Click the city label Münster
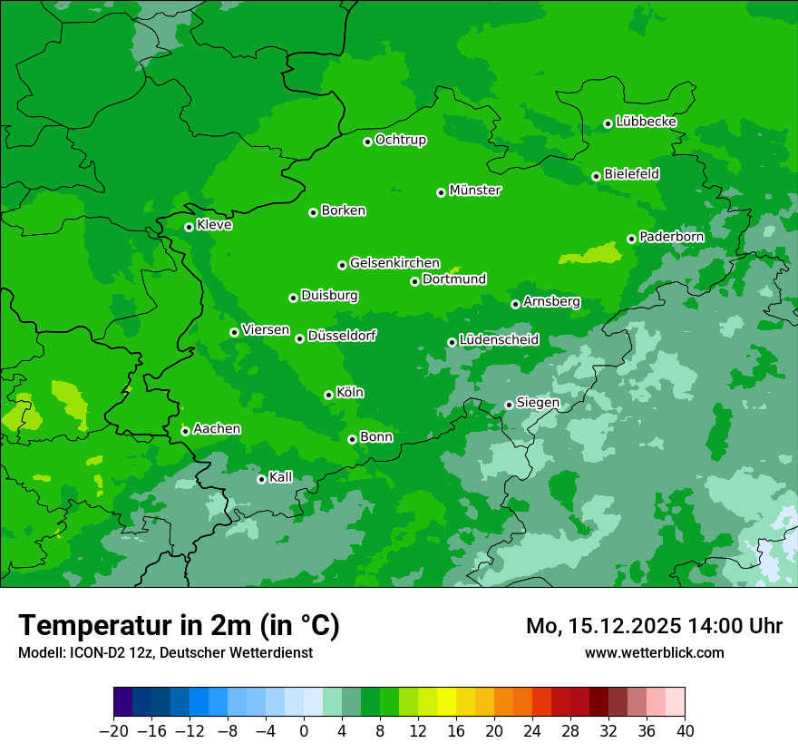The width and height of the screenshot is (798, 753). coord(475,191)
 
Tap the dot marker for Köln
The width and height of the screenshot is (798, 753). coord(328,395)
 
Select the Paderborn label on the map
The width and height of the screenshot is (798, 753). coord(671,237)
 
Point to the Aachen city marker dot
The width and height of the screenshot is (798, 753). coord(185,431)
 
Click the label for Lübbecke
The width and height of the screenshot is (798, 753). coord(646,122)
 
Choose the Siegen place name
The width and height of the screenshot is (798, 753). coord(538,403)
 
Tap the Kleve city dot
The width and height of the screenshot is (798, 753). coord(189,227)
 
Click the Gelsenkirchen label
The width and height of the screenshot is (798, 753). coord(394,263)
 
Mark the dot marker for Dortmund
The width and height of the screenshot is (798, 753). coord(414,281)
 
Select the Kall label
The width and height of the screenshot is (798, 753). coord(281,477)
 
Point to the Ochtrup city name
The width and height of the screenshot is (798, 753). coord(401,140)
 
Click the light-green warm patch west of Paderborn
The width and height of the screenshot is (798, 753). coord(590,254)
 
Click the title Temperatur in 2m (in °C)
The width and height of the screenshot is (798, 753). coord(179,626)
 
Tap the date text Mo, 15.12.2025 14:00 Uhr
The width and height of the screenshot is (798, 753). coord(654,626)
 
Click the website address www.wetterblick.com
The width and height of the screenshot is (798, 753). coord(654,652)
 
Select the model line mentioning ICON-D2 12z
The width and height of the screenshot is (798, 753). coord(165,652)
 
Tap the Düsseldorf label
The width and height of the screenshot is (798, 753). coord(342,337)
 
